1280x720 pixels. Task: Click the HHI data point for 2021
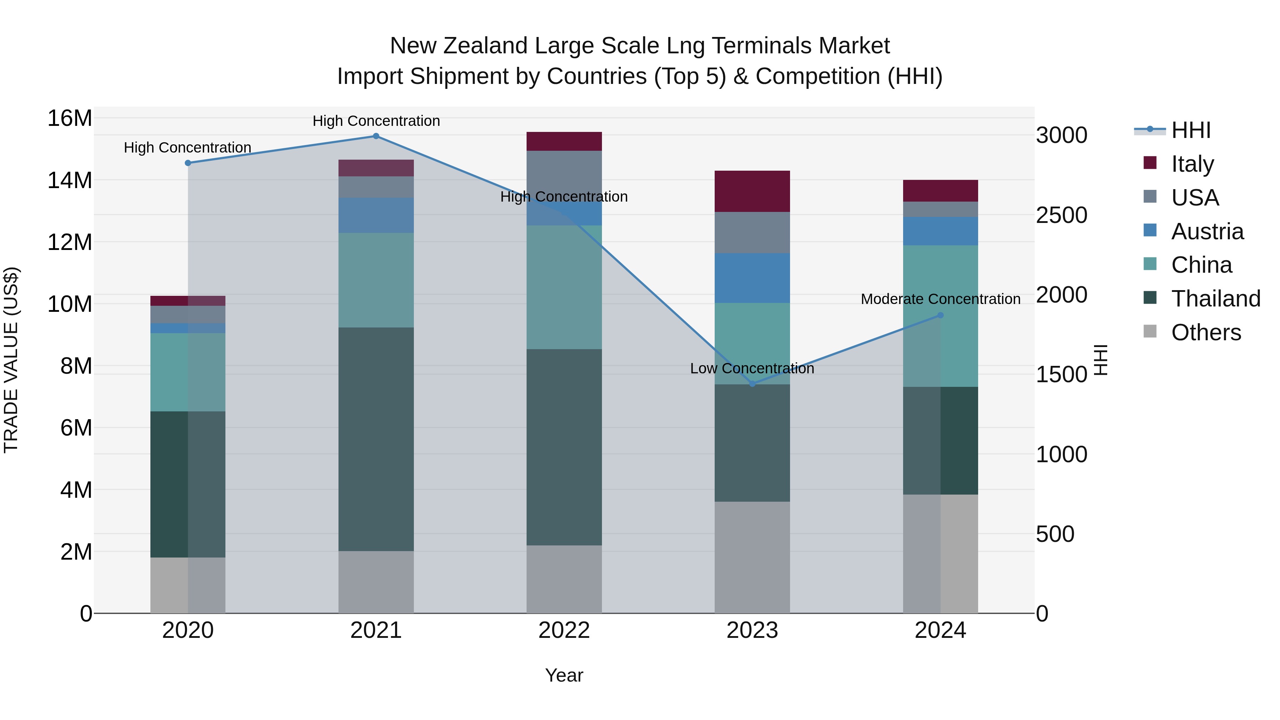tap(376, 136)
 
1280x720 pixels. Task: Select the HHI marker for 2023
tap(752, 384)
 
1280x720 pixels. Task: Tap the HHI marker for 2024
tap(940, 315)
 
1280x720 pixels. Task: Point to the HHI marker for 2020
tap(188, 163)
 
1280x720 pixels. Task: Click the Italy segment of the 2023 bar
tap(752, 191)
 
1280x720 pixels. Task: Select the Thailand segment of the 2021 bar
tap(376, 439)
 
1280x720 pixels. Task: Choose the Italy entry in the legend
tap(1192, 164)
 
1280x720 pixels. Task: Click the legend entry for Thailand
tap(1215, 299)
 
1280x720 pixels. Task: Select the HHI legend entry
tap(1190, 130)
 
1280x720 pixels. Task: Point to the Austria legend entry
tap(1207, 231)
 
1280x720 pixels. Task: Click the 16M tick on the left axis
tap(70, 118)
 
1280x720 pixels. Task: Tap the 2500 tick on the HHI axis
tap(1062, 215)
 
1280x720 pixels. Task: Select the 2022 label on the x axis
tap(564, 630)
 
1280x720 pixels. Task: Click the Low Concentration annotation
tap(752, 368)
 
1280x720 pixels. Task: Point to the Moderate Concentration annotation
tap(940, 299)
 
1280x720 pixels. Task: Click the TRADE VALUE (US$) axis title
tap(11, 360)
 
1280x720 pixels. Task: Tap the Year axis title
tap(564, 675)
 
